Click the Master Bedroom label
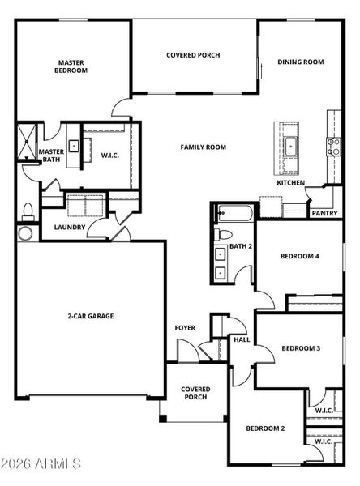click(x=71, y=66)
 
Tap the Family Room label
click(x=204, y=147)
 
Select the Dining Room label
click(x=301, y=62)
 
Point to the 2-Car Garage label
click(x=91, y=316)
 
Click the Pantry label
click(x=324, y=213)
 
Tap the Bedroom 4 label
click(x=299, y=256)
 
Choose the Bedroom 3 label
click(x=301, y=348)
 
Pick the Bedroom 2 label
click(x=265, y=428)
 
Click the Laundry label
click(x=70, y=227)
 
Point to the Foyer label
click(x=185, y=328)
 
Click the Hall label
click(x=242, y=339)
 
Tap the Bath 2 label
click(x=241, y=246)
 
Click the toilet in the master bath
click(x=28, y=211)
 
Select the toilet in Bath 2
click(x=223, y=234)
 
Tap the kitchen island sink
click(x=290, y=144)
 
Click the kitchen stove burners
click(x=334, y=147)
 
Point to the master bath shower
click(x=27, y=141)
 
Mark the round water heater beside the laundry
click(x=25, y=233)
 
